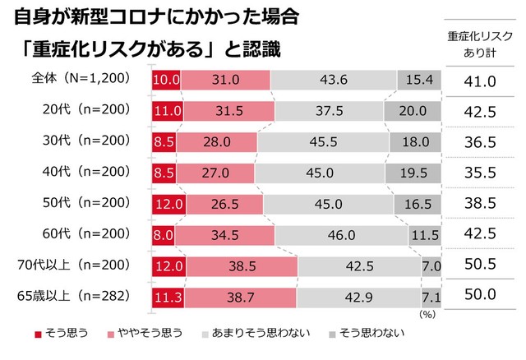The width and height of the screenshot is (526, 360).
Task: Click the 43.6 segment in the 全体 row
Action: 333,80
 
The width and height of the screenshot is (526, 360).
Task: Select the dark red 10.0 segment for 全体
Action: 165,80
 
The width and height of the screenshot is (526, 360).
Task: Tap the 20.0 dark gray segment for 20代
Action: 415,110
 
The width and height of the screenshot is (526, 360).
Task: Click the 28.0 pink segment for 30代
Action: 218,142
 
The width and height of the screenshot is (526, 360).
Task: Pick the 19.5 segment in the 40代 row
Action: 416,173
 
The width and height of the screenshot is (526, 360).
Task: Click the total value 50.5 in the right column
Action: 481,265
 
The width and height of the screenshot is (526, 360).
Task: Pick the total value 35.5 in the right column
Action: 481,173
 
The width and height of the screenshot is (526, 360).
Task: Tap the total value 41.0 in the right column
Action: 481,81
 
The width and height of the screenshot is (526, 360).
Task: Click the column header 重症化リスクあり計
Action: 481,44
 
